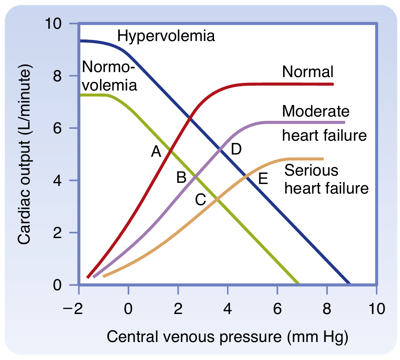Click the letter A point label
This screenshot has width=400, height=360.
[155, 152]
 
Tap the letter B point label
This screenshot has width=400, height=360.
[181, 178]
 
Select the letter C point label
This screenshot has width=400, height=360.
[201, 199]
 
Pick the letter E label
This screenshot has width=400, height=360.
[262, 179]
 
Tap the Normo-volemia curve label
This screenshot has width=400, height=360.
[109, 76]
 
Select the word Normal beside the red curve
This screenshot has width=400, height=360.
[308, 71]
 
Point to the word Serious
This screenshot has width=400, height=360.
[312, 170]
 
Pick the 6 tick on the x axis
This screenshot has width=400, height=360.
[277, 309]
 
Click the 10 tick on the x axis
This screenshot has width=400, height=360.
[377, 309]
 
